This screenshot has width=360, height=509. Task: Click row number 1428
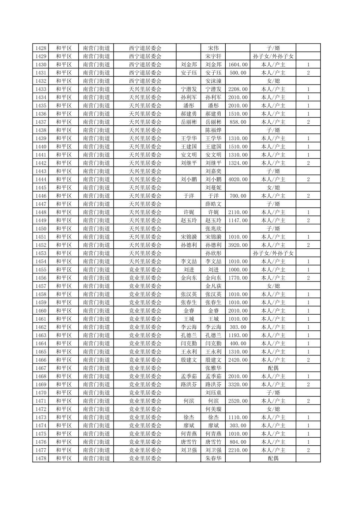(41, 48)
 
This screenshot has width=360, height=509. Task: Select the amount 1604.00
(238, 64)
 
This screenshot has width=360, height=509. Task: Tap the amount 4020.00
(238, 179)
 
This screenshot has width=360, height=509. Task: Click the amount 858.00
(238, 122)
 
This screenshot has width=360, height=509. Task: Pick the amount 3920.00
(238, 245)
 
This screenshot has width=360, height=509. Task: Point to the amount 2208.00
(238, 89)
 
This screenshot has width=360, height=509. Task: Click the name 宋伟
(213, 48)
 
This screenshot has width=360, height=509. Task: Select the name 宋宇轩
(213, 56)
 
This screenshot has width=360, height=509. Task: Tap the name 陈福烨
(213, 130)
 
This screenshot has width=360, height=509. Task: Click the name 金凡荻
(213, 286)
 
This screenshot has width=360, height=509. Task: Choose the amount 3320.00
(238, 384)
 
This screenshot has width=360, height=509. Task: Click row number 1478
(41, 458)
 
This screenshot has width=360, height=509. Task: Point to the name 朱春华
(213, 458)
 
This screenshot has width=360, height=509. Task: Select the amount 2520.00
(238, 401)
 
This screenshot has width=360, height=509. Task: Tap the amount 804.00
(238, 442)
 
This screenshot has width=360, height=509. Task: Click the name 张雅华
(213, 368)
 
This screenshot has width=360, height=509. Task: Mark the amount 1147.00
(238, 220)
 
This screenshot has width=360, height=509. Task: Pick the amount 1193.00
(238, 335)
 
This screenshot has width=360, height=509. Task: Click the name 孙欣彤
(213, 253)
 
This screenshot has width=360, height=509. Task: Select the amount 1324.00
(238, 163)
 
